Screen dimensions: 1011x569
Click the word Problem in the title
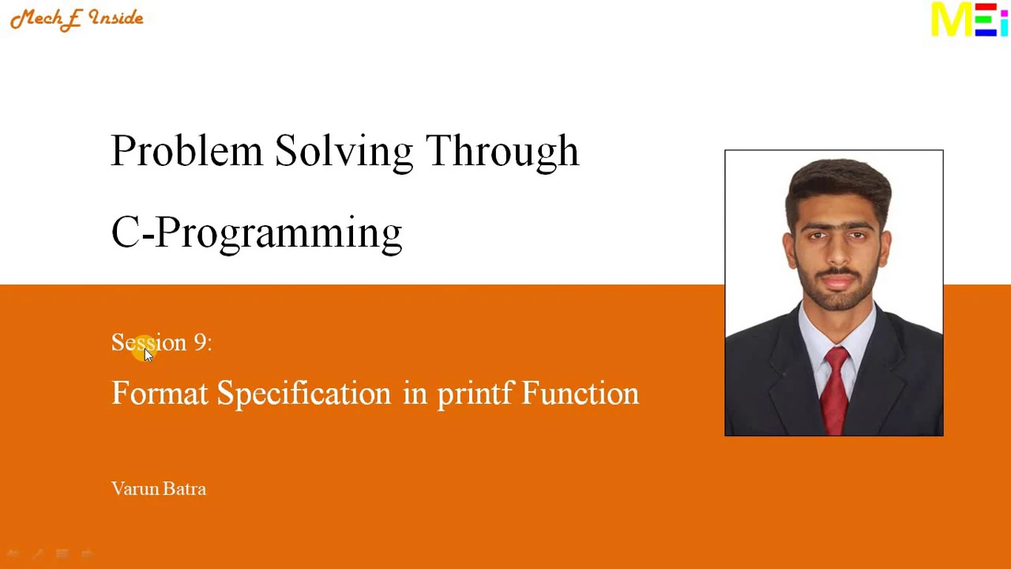(x=187, y=151)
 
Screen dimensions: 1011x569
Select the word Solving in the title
(x=344, y=153)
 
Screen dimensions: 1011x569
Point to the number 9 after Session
(x=200, y=342)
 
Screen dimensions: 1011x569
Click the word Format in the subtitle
(x=160, y=393)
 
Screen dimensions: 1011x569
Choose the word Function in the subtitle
(x=581, y=393)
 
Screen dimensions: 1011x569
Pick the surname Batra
(x=184, y=489)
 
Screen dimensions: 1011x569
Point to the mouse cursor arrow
(x=148, y=356)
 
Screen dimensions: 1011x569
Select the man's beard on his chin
(x=838, y=300)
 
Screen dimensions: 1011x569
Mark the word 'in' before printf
(x=415, y=393)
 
